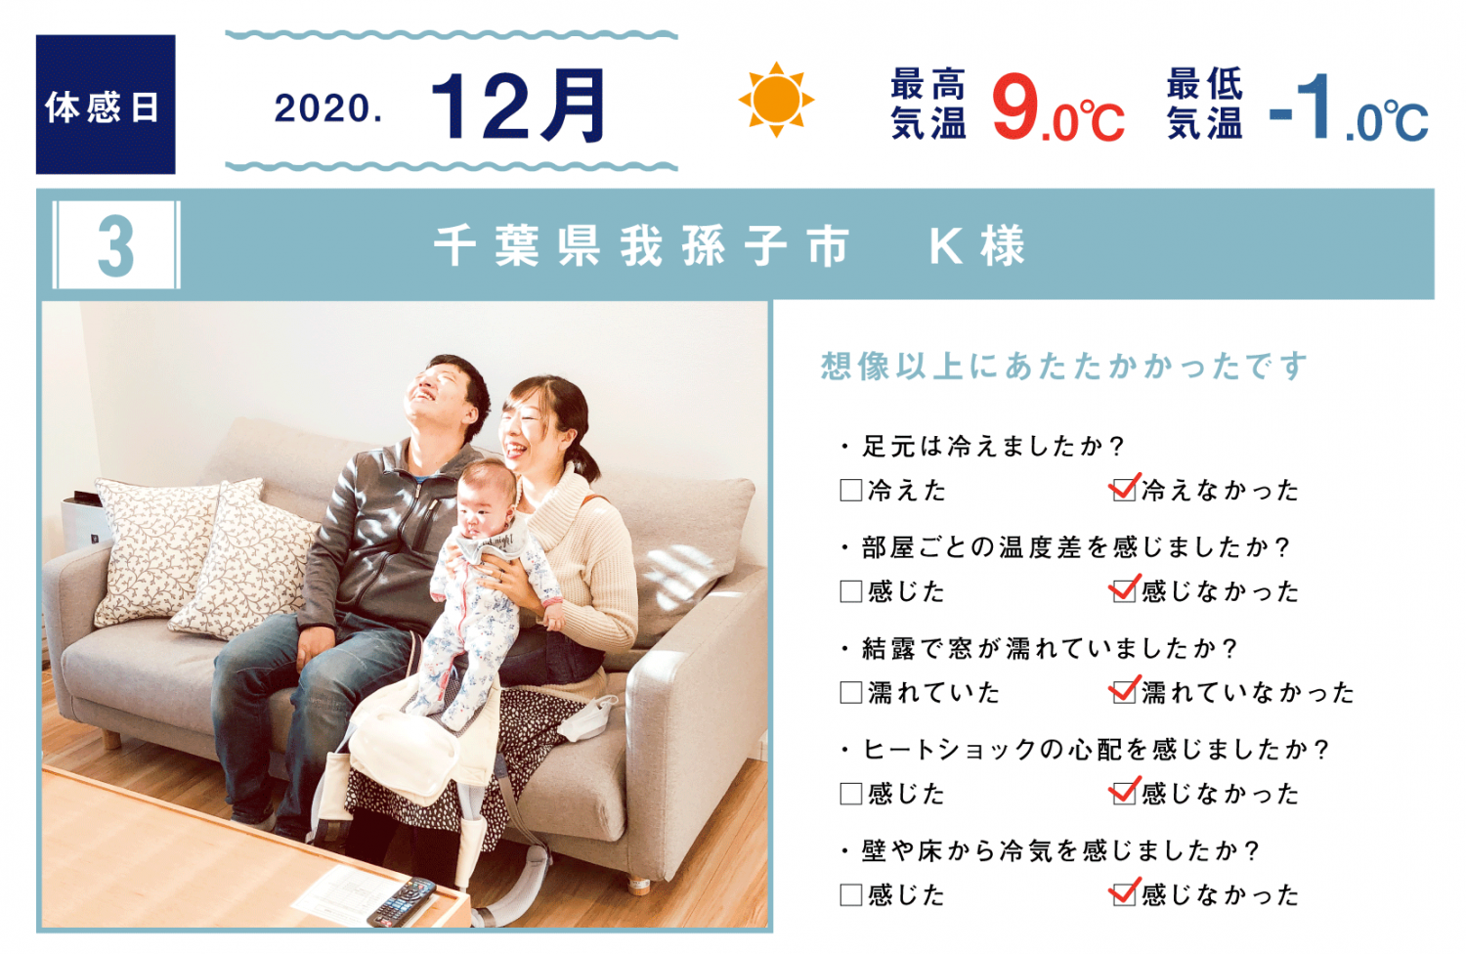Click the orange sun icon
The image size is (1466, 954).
click(776, 100)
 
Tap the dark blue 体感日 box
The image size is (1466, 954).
click(106, 105)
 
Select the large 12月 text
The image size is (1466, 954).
click(518, 106)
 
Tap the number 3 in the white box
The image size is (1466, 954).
click(116, 245)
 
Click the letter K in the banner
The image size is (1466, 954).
click(945, 246)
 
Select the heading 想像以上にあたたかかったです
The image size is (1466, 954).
click(1063, 366)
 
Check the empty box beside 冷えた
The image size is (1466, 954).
click(851, 490)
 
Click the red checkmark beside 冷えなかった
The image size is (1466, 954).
click(1124, 487)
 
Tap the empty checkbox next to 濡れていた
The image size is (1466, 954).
click(851, 692)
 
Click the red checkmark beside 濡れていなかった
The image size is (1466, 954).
click(1124, 689)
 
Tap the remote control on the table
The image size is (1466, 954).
click(401, 902)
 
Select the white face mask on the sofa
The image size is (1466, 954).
click(589, 717)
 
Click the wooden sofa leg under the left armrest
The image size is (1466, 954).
click(112, 740)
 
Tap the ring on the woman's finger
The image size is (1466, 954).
click(501, 577)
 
